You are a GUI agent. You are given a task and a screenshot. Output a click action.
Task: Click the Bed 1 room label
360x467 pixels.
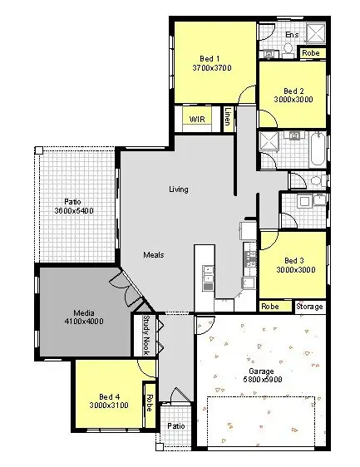coord(210,58)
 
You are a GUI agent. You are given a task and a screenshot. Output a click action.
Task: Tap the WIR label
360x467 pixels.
coord(197,120)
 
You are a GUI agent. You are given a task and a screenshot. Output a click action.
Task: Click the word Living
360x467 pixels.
coord(178,189)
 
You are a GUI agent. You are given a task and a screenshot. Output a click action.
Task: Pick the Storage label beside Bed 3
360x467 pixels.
coord(309,307)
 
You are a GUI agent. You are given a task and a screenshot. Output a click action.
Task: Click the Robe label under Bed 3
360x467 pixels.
coord(270,307)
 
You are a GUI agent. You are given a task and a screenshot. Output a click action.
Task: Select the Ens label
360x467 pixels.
coord(292,35)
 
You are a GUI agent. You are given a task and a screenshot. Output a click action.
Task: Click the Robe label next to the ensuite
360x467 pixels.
coord(310,53)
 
